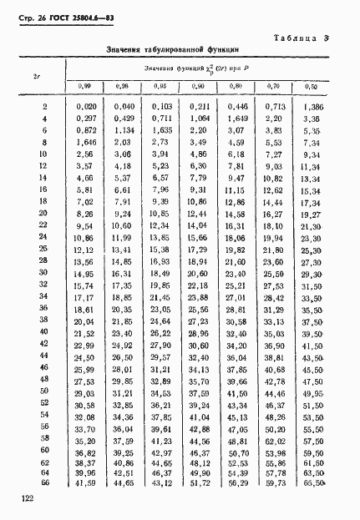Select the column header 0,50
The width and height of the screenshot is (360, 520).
(312, 87)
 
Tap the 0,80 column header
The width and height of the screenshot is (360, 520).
(236, 87)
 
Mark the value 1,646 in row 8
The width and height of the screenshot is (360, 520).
(86, 144)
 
